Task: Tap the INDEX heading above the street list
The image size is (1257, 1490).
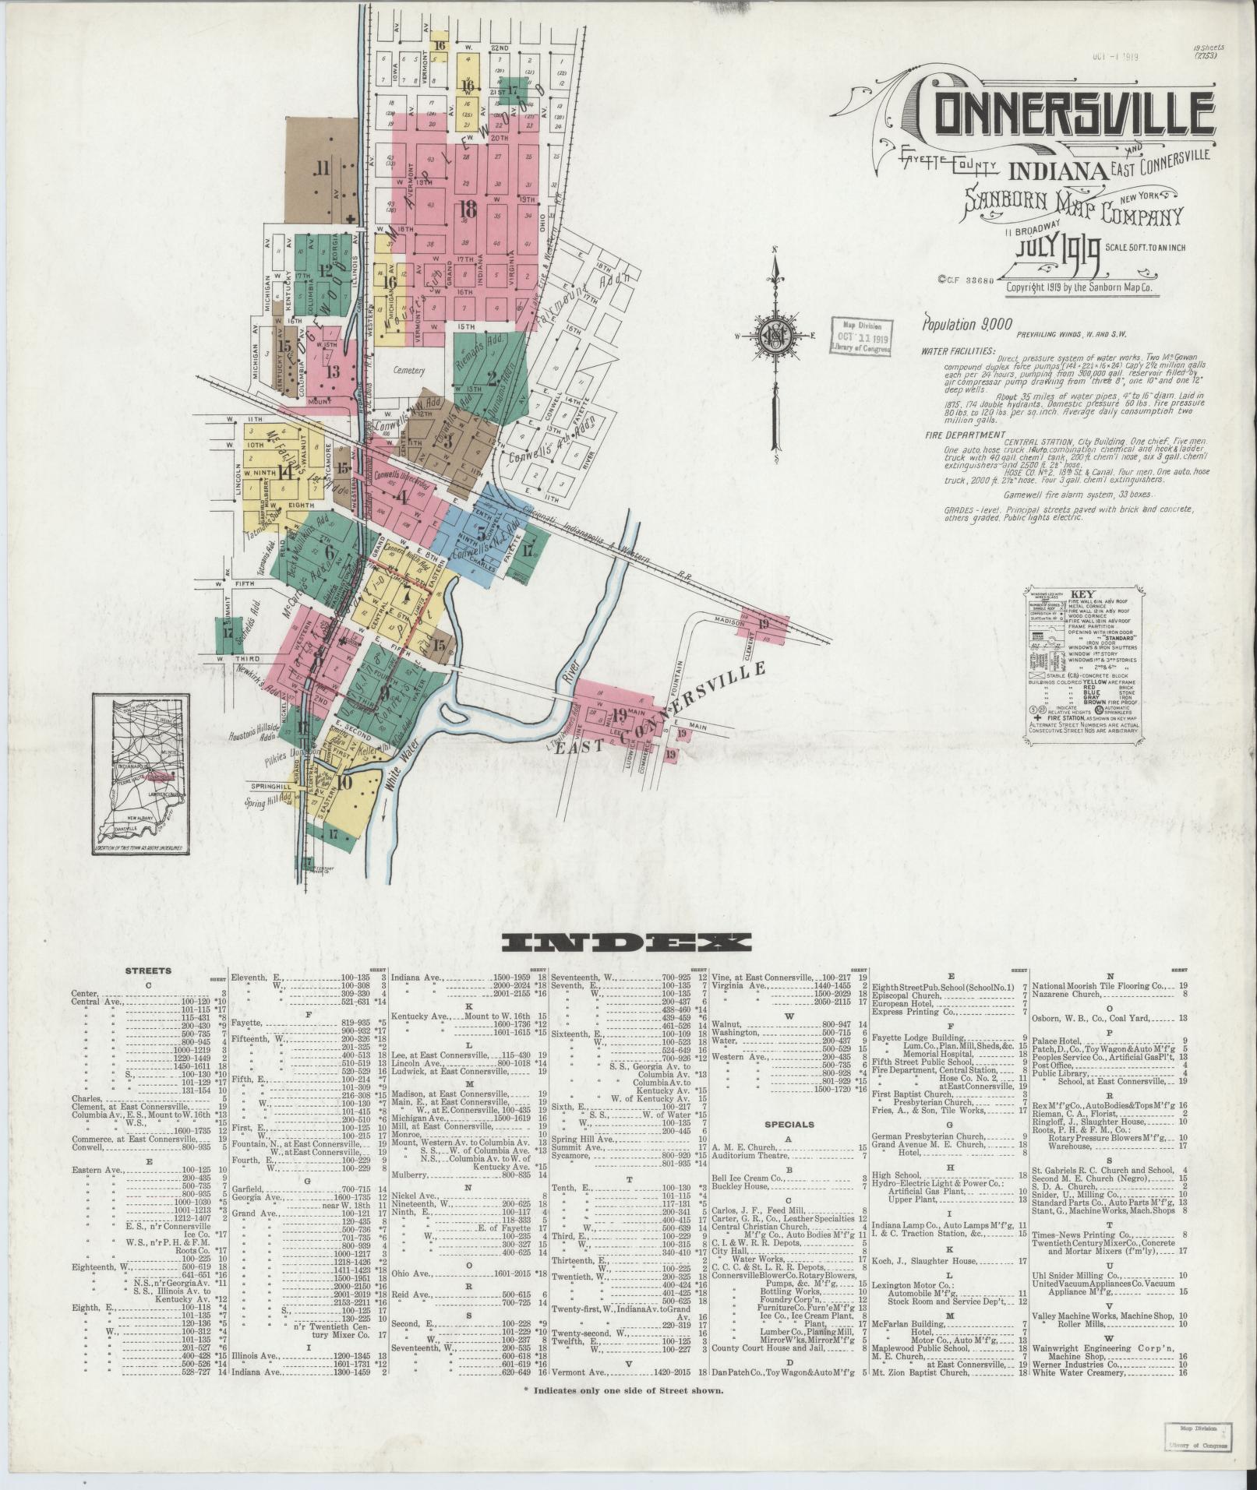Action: [x=627, y=943]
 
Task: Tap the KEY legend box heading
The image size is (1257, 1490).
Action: [x=1082, y=594]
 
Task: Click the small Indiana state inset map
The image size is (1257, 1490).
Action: [x=140, y=774]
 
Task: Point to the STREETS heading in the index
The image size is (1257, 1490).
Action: [x=148, y=971]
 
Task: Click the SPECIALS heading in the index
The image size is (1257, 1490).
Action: [x=789, y=1124]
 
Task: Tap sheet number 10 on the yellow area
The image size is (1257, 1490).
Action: [x=343, y=783]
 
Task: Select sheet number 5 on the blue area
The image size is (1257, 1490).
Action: [x=482, y=532]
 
